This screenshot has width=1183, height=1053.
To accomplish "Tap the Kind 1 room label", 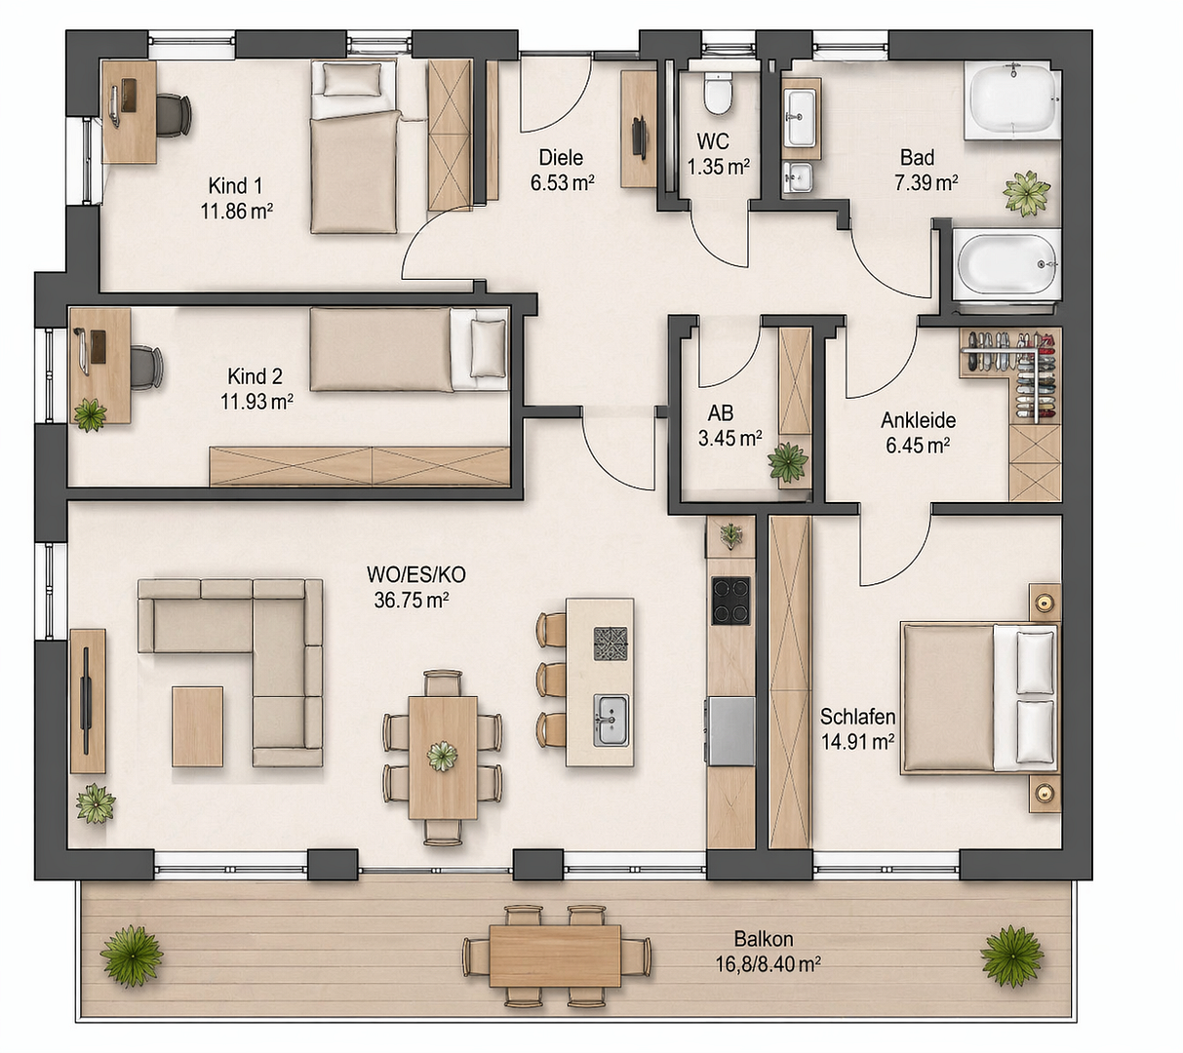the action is (235, 186).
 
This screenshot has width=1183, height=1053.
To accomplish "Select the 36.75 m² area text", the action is (411, 600).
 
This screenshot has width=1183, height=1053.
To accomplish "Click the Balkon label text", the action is (764, 939).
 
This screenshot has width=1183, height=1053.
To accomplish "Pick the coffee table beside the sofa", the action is (197, 726).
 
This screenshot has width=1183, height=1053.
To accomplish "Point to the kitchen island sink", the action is (611, 721).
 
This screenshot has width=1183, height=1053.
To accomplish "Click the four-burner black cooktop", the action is (730, 601).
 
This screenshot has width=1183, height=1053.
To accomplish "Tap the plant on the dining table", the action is (442, 756).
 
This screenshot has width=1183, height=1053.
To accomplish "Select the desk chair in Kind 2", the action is (145, 367).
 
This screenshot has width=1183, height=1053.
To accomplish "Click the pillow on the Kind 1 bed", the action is (352, 79).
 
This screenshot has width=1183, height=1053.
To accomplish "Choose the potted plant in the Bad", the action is (1027, 193).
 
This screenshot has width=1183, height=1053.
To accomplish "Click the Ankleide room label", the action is (919, 420).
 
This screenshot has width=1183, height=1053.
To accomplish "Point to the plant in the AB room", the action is (788, 462).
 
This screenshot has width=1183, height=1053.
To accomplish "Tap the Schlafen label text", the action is (858, 717).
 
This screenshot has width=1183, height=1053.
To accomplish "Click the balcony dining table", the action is (555, 956).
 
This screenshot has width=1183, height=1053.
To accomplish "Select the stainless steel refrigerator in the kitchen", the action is (731, 731).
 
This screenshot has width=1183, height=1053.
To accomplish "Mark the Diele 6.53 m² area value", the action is (563, 182).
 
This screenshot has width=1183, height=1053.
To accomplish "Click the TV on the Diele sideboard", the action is (640, 137).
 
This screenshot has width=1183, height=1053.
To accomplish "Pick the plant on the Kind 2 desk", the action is (90, 414).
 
